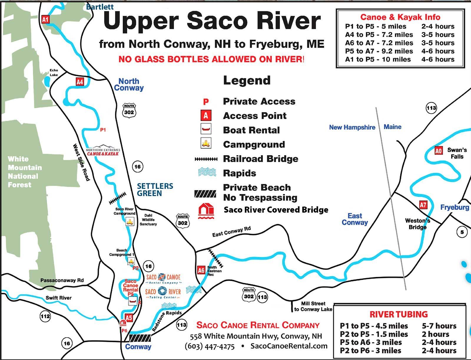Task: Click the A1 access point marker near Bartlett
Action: (x=45, y=19)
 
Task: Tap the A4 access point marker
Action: (x=80, y=82)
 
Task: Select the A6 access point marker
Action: (x=201, y=270)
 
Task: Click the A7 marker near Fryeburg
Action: (x=423, y=205)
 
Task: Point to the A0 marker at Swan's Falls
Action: (x=439, y=151)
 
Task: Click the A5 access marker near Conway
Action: (x=129, y=318)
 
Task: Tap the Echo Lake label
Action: (x=54, y=72)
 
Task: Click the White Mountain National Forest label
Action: (x=24, y=172)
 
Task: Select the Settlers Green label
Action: (x=155, y=190)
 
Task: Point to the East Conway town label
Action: (x=355, y=219)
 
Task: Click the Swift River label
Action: (x=59, y=298)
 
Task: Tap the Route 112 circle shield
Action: (x=45, y=316)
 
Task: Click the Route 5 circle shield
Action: (x=462, y=232)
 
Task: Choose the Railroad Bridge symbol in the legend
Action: (x=206, y=159)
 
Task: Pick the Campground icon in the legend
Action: (x=206, y=144)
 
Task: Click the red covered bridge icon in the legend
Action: (x=206, y=211)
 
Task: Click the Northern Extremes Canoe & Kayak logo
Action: (x=103, y=150)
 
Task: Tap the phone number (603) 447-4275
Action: (x=210, y=346)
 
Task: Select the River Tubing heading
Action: (x=399, y=314)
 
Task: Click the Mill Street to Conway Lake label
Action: (x=313, y=306)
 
